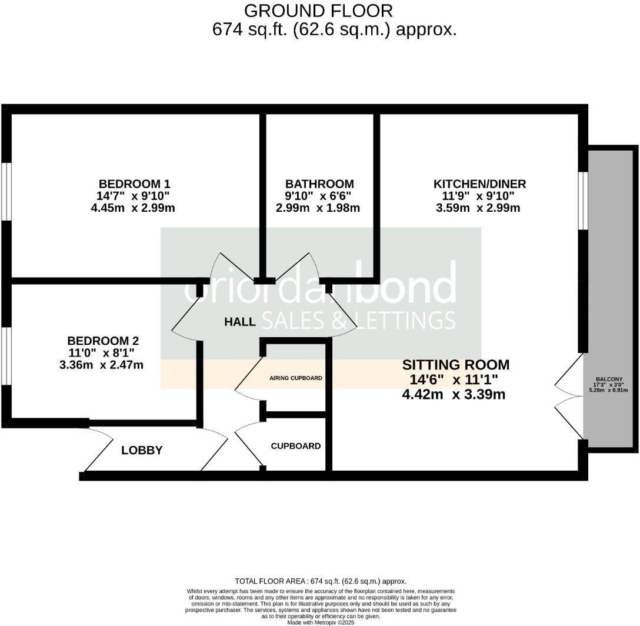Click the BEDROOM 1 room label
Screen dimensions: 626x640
(x=134, y=184)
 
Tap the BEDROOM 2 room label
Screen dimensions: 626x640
(x=103, y=341)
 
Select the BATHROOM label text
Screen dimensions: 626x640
(x=319, y=184)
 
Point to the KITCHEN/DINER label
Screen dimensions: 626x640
(x=479, y=184)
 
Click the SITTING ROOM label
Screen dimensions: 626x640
(x=455, y=365)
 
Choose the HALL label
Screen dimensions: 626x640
(x=240, y=322)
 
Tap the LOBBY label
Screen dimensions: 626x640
(x=142, y=451)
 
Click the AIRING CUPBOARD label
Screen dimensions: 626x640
(x=296, y=378)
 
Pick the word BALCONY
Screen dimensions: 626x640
(x=609, y=379)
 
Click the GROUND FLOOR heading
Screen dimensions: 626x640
(x=318, y=11)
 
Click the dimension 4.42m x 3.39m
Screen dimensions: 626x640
(x=454, y=394)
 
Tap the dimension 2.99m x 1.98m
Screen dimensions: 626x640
(x=318, y=208)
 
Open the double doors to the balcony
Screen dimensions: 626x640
(x=569, y=396)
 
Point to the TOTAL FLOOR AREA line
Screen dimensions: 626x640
(x=321, y=581)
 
